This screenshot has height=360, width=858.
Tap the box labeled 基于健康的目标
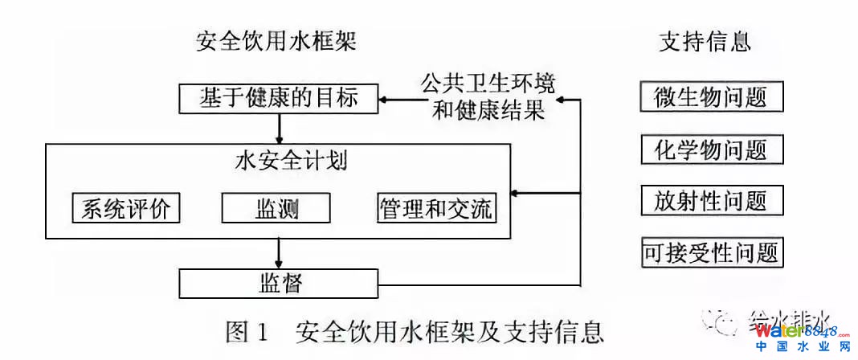point(278,99)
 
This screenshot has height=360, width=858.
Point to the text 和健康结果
point(488,110)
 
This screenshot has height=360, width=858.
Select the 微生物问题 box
point(711,97)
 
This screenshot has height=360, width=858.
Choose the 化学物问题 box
point(711,149)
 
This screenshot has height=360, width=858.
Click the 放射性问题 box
point(711,201)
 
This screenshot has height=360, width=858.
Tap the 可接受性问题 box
point(711,253)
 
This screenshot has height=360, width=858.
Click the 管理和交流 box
point(436,208)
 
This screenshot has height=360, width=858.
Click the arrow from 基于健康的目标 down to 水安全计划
point(279,129)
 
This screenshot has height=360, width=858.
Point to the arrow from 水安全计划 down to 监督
point(279,253)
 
